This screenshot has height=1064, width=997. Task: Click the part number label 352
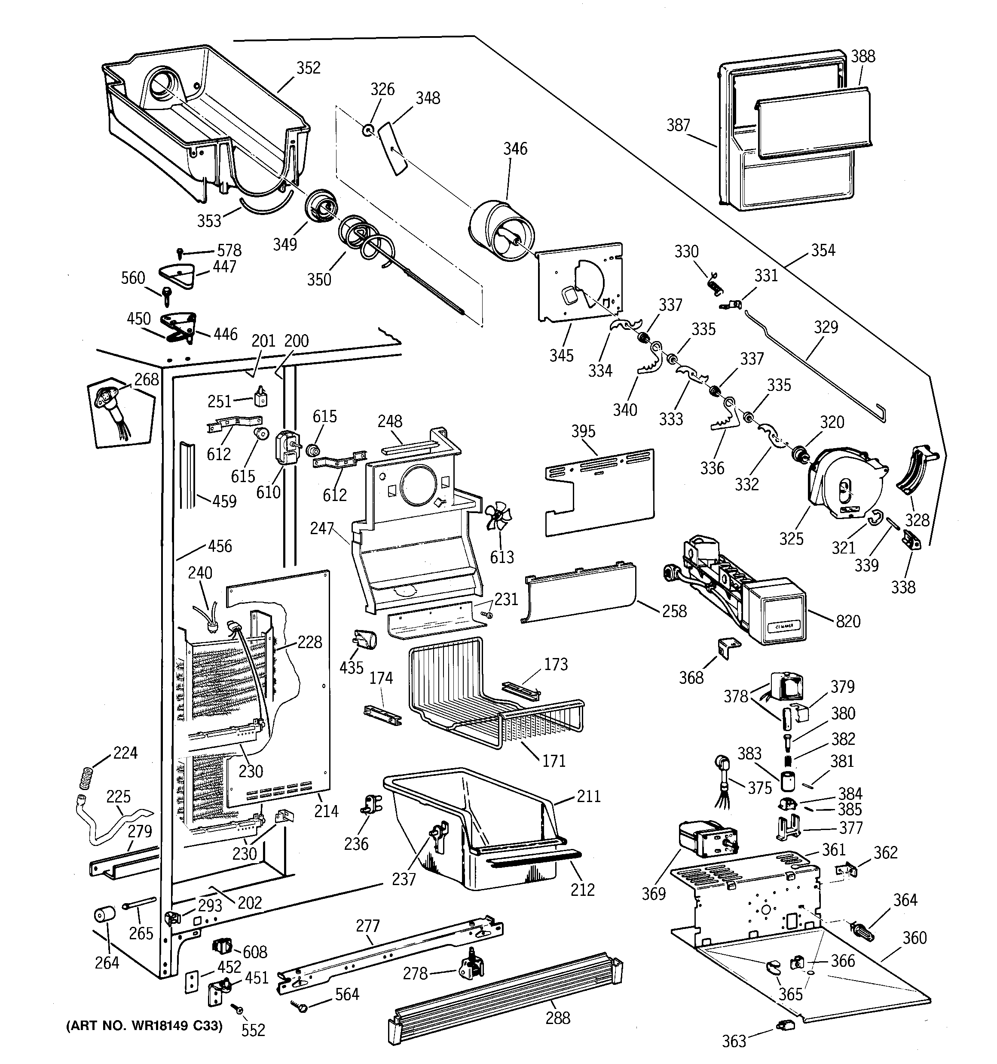click(309, 68)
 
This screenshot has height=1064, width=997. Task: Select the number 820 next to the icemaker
click(848, 621)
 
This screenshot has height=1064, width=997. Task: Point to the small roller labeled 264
click(105, 915)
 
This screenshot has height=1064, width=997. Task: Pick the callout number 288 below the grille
click(558, 1018)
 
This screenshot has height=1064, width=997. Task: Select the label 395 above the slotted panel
click(583, 431)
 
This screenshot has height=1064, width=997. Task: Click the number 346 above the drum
click(515, 149)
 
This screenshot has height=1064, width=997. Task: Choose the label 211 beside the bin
click(588, 796)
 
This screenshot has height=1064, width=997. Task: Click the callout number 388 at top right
click(863, 56)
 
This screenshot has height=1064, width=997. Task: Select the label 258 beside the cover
click(674, 611)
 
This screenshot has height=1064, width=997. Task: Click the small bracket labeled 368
click(728, 648)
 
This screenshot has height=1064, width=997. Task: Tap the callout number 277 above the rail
click(368, 926)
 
